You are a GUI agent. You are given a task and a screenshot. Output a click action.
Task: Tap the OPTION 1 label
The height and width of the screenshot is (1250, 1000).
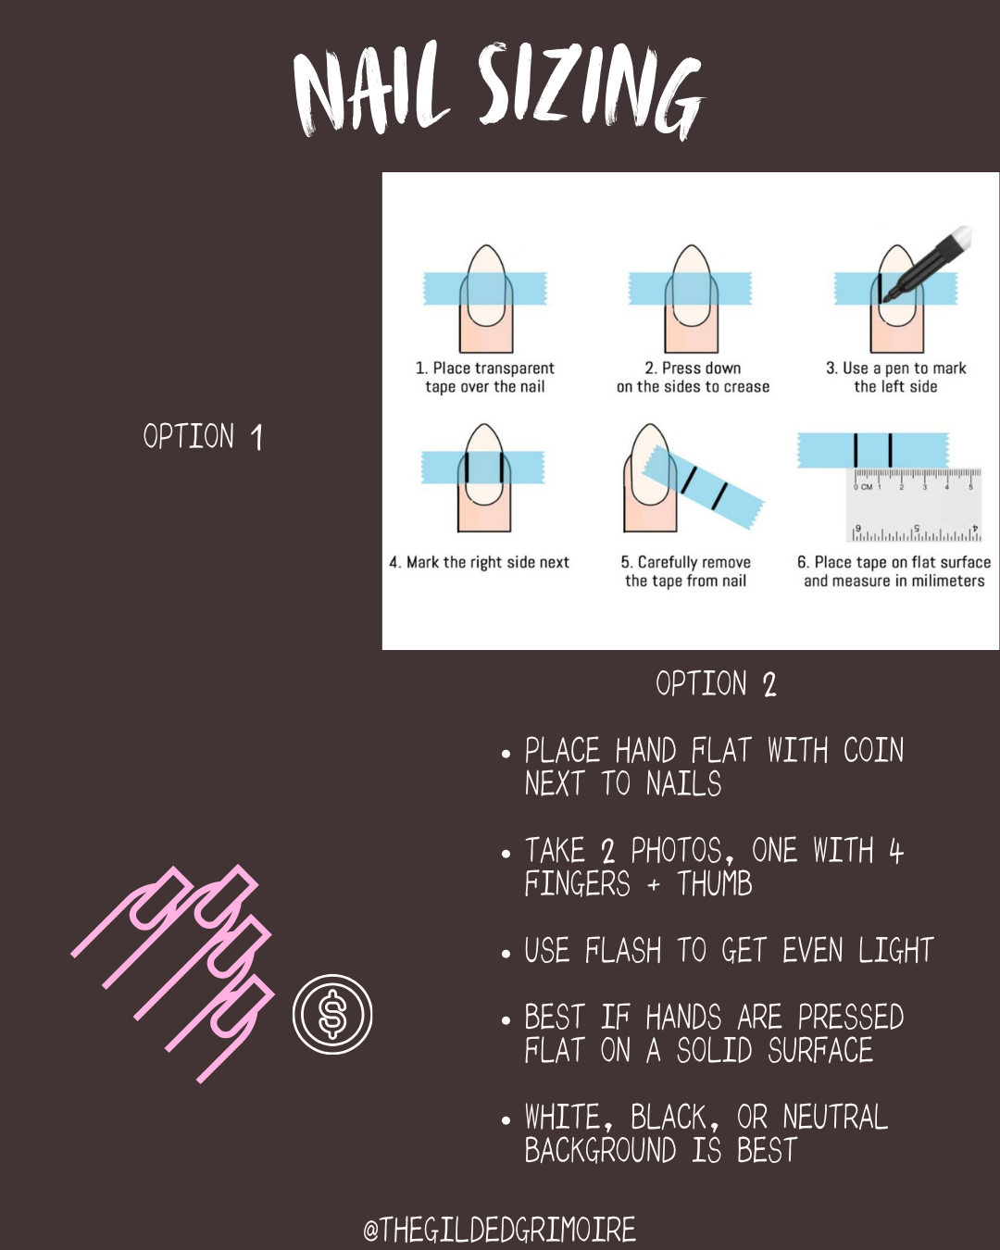tap(203, 436)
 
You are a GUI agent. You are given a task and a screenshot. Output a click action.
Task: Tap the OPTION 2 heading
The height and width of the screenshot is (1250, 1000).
tap(716, 683)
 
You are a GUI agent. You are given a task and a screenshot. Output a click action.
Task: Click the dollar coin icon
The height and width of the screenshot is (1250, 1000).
tap(332, 1014)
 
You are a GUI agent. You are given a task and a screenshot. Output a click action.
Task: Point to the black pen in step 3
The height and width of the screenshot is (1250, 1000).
tap(928, 263)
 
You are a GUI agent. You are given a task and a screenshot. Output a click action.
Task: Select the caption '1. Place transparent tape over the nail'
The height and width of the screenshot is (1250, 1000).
tap(485, 377)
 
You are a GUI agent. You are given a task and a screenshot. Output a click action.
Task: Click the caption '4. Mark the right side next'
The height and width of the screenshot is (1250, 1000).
tap(480, 562)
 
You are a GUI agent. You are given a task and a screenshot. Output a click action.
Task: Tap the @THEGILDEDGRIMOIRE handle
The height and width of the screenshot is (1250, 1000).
tap(500, 1229)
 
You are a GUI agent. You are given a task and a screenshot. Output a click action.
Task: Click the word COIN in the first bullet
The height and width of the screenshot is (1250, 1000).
tap(873, 750)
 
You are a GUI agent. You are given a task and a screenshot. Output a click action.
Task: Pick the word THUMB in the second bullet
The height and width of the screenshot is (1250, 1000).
tap(714, 883)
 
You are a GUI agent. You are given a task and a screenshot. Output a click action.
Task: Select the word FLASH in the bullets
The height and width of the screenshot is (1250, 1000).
tap(623, 951)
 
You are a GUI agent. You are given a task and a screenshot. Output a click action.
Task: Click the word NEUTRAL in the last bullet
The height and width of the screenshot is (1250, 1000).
tap(835, 1117)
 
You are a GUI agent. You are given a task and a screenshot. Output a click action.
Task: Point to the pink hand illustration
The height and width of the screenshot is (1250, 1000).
tap(172, 973)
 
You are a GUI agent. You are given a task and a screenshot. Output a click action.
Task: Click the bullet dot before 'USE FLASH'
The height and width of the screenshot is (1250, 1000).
tap(506, 954)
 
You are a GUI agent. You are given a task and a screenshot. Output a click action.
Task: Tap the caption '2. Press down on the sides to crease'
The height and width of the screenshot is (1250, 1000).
tap(693, 377)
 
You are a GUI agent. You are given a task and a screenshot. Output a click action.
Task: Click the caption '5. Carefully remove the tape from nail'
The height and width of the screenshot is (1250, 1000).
tap(685, 571)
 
